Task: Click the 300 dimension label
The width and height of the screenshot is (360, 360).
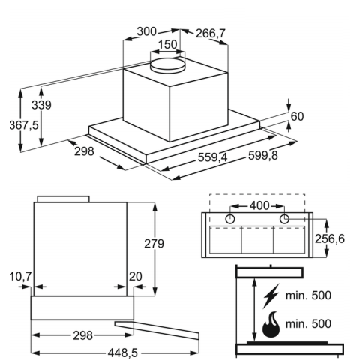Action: [x=147, y=32]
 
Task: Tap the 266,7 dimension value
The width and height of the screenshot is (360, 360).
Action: [x=211, y=34]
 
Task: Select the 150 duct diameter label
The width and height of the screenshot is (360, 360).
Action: [x=167, y=45]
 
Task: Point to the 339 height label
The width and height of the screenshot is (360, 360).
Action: [x=41, y=105]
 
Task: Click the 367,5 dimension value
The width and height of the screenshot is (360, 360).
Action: [x=24, y=125]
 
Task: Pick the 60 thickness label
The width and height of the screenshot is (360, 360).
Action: [x=298, y=116]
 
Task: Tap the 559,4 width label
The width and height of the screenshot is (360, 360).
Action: [x=213, y=157]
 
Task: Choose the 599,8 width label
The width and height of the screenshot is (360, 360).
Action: [x=263, y=156]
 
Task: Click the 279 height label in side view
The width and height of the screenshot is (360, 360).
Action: [x=154, y=244]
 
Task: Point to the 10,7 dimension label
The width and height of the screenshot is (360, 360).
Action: [x=20, y=277]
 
